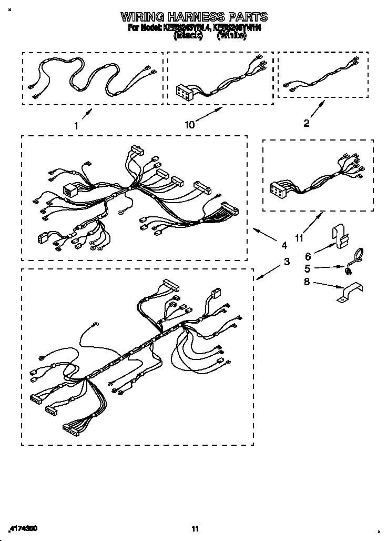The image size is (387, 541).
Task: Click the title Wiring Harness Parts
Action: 194,17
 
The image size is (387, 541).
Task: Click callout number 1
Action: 76,126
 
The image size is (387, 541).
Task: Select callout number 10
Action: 189,124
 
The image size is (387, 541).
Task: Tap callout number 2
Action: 307,124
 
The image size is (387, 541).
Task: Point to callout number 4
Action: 284,245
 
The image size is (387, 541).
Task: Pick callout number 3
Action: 287,262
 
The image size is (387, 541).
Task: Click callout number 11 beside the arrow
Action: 299,238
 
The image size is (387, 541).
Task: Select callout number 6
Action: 308,256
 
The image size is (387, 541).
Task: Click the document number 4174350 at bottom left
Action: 23,528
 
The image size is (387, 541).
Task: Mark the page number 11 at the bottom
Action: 195,528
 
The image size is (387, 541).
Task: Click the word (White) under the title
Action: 231,36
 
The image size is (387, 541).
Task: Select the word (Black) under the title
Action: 188,36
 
